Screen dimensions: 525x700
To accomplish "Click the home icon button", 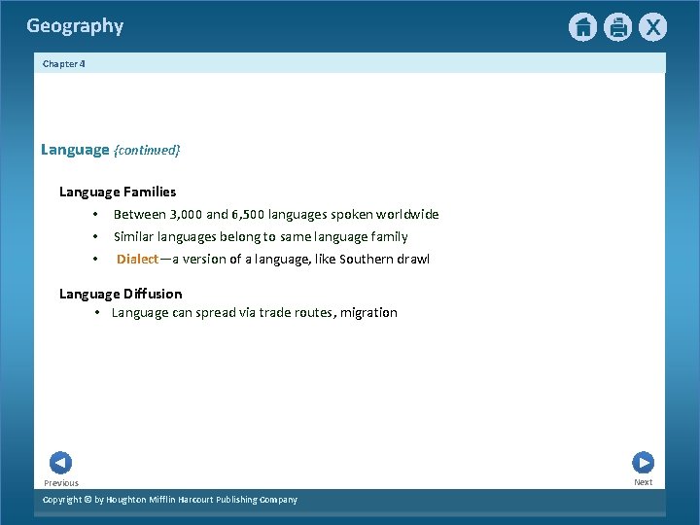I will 582,27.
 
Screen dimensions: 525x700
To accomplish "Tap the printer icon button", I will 617,27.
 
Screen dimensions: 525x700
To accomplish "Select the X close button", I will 652,27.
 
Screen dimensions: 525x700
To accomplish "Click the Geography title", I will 75,26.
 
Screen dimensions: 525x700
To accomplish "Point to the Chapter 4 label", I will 64,63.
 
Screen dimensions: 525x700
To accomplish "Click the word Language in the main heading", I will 75,150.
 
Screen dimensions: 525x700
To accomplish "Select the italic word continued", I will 147,151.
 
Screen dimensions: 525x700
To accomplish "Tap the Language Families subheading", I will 118,192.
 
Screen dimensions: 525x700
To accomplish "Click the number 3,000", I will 186,214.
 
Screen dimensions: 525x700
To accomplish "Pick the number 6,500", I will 248,214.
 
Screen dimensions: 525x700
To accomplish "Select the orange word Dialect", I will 137,259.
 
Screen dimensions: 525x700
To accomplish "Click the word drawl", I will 413,259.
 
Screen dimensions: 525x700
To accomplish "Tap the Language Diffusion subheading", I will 121,294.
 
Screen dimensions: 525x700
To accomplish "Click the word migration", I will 368,313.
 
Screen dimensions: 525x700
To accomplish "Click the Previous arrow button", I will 60,464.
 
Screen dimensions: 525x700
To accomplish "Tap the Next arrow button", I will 643,463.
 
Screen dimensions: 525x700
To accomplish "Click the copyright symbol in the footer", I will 86,500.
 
